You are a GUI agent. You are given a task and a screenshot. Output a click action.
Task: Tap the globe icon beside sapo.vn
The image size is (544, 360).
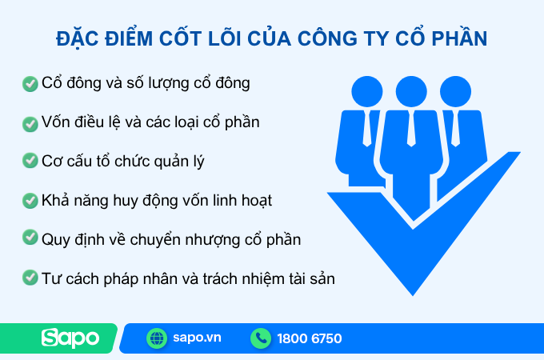tap(157, 338)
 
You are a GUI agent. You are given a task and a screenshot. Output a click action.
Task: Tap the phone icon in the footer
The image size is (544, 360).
tap(261, 338)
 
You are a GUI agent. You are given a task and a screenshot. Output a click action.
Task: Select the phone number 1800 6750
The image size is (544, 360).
tap(310, 338)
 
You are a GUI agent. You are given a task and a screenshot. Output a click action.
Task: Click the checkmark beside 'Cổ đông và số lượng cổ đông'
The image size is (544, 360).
tap(30, 83)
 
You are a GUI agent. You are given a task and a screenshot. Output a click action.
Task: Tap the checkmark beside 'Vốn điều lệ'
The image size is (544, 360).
tap(30, 123)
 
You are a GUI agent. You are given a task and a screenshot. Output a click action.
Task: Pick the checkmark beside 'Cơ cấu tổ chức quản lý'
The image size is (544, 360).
tap(30, 161)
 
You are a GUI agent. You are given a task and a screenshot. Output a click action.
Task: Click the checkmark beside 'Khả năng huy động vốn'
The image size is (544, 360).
tap(30, 200)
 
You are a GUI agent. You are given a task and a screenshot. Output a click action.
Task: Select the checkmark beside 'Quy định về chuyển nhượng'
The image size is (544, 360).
tap(30, 238)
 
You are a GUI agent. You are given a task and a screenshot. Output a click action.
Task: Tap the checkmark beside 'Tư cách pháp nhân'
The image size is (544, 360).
tap(30, 278)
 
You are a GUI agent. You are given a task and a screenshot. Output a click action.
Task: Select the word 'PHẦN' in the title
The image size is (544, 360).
tap(459, 38)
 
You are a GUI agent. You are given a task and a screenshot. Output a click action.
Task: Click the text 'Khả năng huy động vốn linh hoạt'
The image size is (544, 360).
tap(157, 200)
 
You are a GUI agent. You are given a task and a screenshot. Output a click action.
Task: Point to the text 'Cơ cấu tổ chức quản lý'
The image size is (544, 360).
tap(123, 161)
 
